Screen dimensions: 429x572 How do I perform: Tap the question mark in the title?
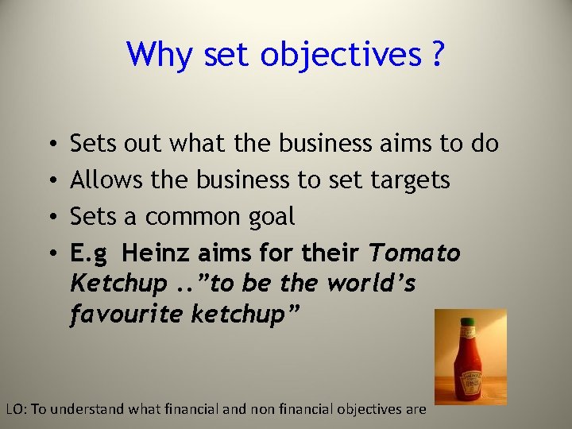click(x=438, y=55)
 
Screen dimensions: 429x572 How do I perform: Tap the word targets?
click(x=410, y=180)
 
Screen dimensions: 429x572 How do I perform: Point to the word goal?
click(x=270, y=218)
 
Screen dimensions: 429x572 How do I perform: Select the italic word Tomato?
click(x=415, y=253)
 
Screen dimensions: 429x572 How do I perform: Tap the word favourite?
click(x=127, y=315)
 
